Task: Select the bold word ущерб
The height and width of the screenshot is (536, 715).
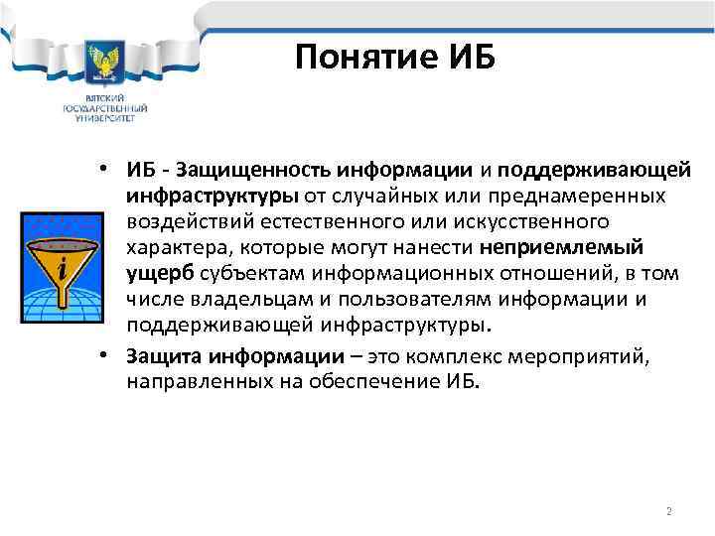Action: coord(160,272)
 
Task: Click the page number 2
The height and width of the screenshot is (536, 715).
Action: coord(668,511)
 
